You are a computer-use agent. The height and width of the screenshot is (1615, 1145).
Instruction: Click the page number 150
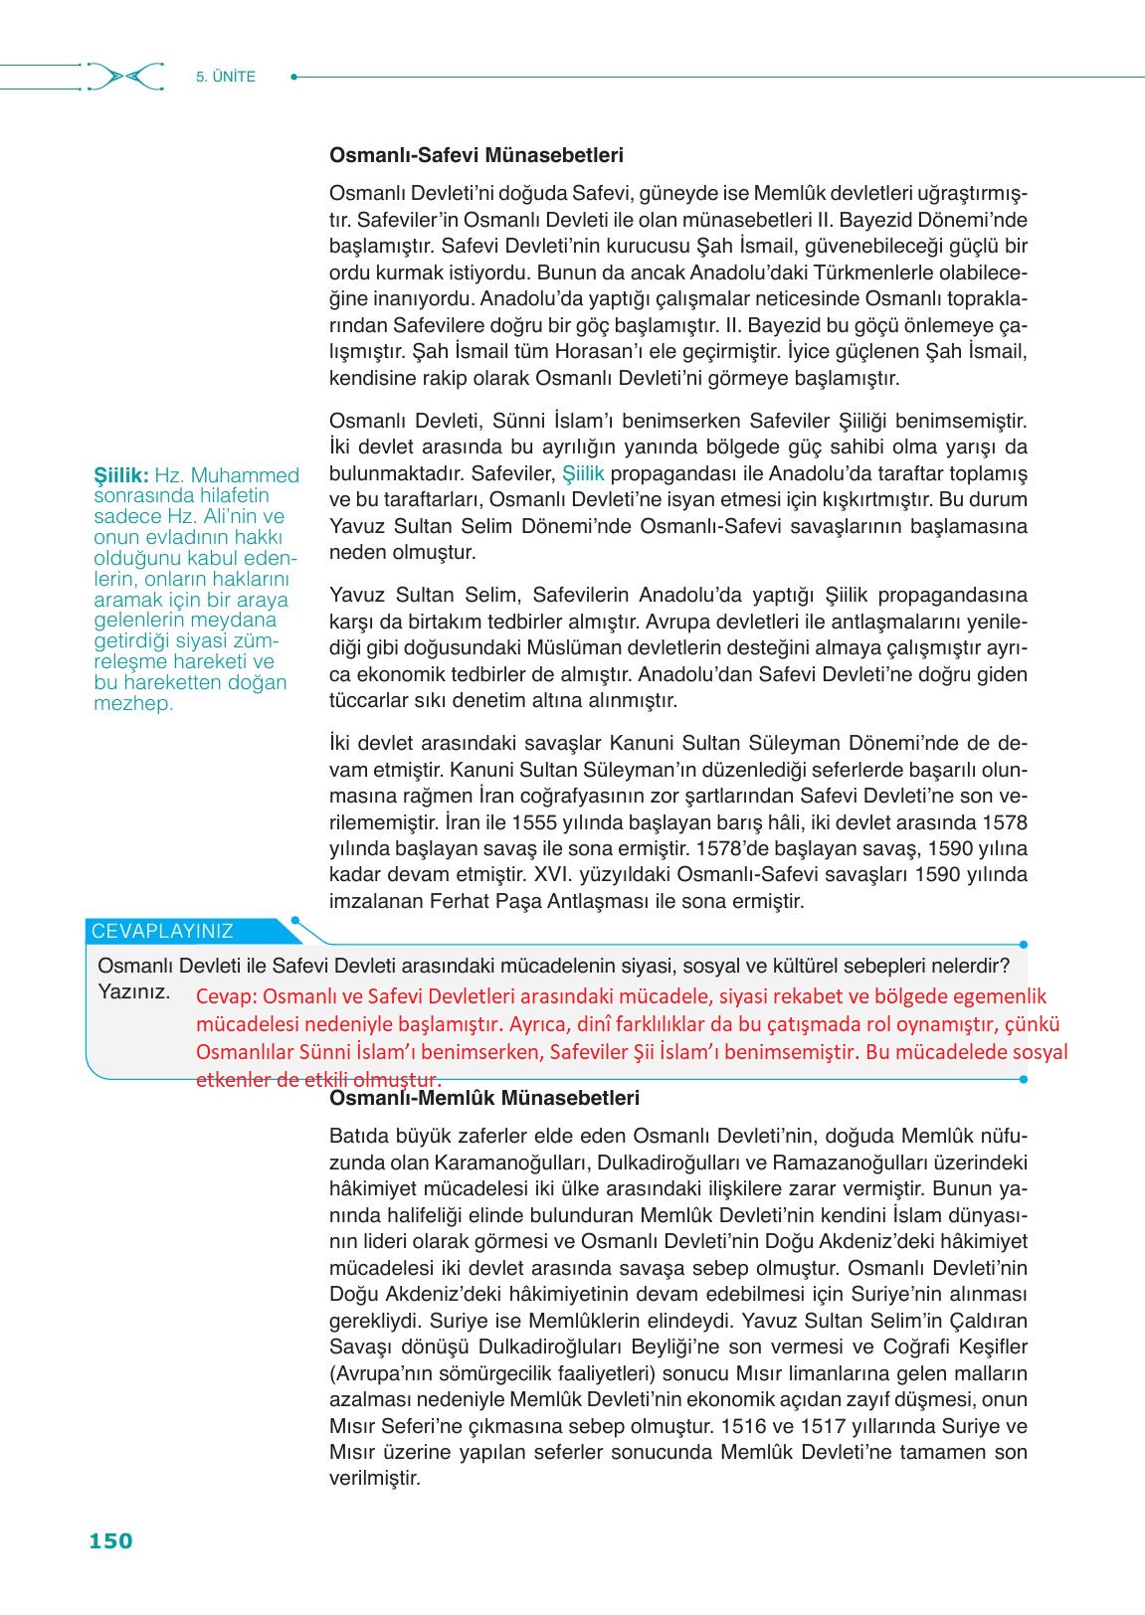(110, 1540)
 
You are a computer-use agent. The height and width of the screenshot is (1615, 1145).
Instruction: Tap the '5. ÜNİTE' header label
(226, 77)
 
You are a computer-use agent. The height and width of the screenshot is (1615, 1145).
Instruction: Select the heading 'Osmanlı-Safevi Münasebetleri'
(477, 155)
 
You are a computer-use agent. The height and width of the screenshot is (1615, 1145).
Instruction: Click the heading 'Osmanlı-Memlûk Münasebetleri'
(484, 1098)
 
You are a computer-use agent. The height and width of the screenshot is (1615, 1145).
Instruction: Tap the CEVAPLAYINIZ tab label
(162, 932)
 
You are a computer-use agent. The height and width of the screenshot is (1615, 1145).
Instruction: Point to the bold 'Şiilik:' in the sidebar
(121, 475)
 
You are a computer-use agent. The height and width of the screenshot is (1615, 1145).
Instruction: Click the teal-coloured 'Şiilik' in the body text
(583, 474)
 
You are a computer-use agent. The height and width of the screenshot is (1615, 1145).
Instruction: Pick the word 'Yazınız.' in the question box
(134, 991)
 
